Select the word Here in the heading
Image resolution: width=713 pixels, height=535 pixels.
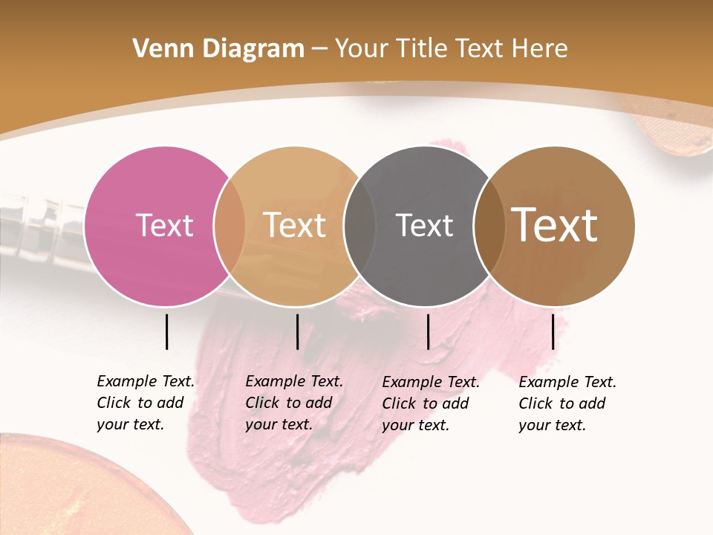point(542,49)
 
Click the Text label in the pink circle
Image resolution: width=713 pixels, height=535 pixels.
point(164,225)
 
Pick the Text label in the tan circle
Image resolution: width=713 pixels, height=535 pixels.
point(294,225)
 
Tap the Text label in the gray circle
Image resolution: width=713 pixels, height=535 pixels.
point(424,225)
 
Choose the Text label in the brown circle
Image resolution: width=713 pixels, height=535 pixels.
point(555,225)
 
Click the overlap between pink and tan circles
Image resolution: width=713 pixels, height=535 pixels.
point(229,226)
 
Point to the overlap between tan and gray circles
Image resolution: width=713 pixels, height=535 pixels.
point(359,226)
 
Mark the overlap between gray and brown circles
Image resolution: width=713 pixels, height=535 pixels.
point(489,226)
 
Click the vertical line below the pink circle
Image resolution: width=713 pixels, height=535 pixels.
point(166,331)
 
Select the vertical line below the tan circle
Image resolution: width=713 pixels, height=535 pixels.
point(297,331)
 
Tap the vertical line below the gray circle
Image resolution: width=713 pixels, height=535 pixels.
point(428,331)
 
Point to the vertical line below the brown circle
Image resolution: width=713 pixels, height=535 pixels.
point(553,331)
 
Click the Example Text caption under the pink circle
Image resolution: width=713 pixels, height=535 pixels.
point(146,403)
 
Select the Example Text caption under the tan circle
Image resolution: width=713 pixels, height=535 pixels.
point(294,403)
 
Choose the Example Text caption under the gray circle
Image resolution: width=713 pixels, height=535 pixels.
point(431,403)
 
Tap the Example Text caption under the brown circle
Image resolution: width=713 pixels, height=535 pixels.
point(567,403)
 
